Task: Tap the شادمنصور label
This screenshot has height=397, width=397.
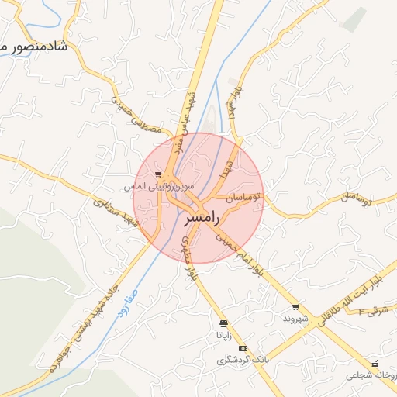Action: pyautogui.click(x=36, y=47)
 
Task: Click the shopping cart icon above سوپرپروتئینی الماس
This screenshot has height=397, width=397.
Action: pyautogui.click(x=158, y=175)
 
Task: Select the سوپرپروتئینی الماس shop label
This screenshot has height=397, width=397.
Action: pyautogui.click(x=155, y=187)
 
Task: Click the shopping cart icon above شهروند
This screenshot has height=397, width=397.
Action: pyautogui.click(x=295, y=307)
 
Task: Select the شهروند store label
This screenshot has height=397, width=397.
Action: pyautogui.click(x=295, y=319)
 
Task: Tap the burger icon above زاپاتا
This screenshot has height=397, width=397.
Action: pyautogui.click(x=223, y=323)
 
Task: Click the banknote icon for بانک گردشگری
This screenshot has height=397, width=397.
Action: pyautogui.click(x=243, y=348)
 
